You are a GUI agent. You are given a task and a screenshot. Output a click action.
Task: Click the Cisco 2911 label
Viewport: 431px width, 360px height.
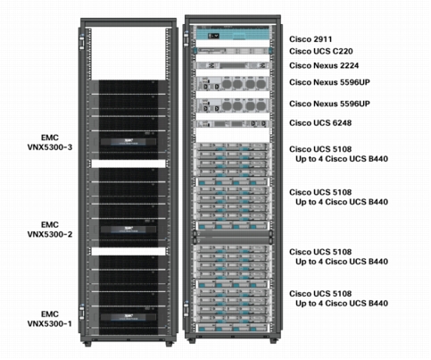point(311,39)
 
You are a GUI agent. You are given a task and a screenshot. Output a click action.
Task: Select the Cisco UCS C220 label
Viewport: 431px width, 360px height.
point(321,51)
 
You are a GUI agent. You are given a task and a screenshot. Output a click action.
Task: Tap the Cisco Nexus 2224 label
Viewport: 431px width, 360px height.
point(324,65)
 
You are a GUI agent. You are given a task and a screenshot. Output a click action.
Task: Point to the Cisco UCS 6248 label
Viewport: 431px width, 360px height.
point(320,123)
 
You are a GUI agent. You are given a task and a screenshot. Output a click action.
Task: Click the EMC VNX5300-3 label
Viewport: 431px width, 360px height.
point(50,143)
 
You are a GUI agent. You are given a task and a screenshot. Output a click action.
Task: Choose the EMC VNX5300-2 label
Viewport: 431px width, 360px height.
point(50,230)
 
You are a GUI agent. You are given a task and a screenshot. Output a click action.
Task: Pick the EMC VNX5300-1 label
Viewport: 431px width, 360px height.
point(50,319)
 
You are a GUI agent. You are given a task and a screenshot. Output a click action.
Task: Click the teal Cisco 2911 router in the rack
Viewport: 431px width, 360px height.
point(233,34)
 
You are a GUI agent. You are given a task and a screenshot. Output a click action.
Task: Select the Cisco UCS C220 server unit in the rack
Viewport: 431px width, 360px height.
point(233,51)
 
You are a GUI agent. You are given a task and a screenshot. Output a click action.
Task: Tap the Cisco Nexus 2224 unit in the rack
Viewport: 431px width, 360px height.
point(233,65)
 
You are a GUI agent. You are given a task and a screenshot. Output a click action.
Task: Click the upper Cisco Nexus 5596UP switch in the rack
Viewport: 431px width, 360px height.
point(233,83)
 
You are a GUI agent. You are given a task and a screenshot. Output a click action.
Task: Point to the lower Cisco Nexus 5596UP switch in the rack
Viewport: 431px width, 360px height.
point(233,105)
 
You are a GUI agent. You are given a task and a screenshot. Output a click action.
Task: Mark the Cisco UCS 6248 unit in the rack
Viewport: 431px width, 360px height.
point(233,124)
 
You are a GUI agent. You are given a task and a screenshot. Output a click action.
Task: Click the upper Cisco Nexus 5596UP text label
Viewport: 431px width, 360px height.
point(329,82)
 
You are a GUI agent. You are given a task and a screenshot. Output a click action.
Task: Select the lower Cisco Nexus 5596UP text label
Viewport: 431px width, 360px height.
point(329,104)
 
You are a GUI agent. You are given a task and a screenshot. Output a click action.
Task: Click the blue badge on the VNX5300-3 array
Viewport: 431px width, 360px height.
point(128,141)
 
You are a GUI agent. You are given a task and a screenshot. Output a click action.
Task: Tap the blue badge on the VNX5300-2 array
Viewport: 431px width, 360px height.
point(128,230)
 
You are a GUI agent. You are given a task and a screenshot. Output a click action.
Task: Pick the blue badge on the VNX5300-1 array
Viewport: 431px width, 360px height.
point(128,317)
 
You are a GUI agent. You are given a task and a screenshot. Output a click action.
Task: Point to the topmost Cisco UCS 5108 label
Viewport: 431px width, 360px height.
point(320,149)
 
